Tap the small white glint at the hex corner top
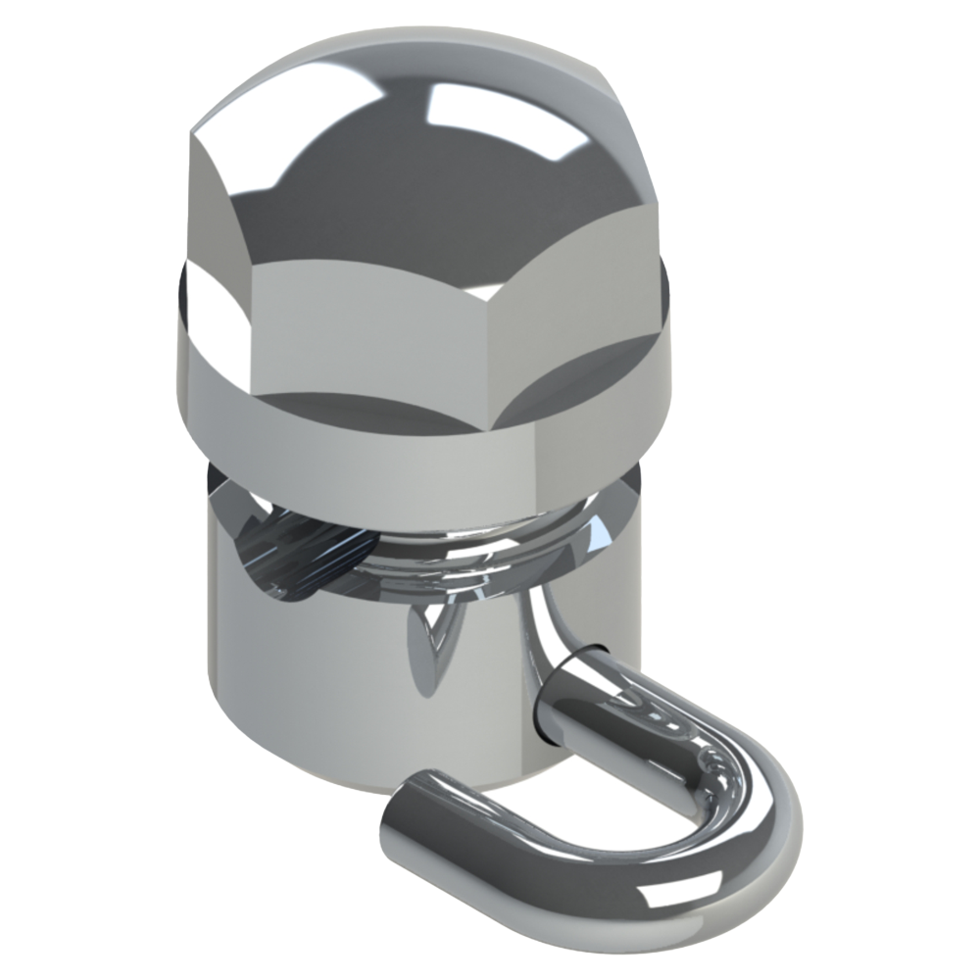pyautogui.click(x=480, y=291)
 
